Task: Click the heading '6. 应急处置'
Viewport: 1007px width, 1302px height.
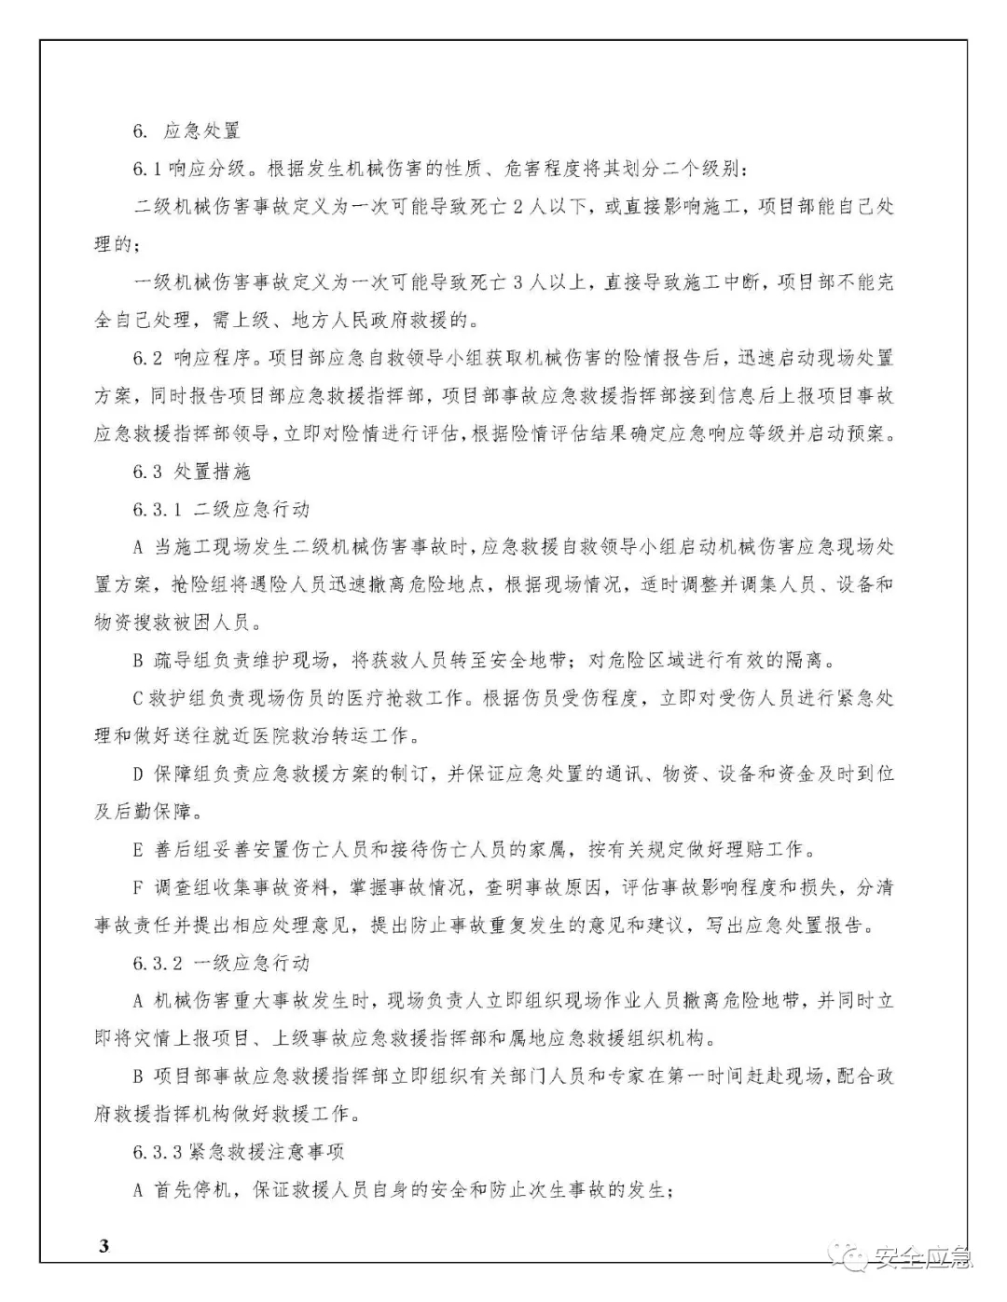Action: pos(186,131)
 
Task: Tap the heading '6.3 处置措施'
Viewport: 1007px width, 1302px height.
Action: pos(191,472)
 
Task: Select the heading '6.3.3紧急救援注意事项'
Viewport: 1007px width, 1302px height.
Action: pos(238,1152)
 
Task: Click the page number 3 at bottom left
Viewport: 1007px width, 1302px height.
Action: pos(103,1246)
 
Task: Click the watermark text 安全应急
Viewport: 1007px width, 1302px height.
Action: pos(922,1258)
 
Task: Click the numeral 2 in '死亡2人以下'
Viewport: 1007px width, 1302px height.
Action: pos(519,207)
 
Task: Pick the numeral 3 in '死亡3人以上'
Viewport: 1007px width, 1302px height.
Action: pos(519,282)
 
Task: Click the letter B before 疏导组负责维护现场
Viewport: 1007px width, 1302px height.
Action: pos(138,661)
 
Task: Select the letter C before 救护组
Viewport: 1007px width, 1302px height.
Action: pos(138,698)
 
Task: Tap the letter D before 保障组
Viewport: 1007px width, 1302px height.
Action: pos(138,774)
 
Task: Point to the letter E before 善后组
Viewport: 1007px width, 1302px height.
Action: pos(138,849)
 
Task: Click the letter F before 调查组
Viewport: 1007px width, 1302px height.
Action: pos(138,887)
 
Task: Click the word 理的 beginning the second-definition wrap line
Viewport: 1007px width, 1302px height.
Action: pos(114,245)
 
